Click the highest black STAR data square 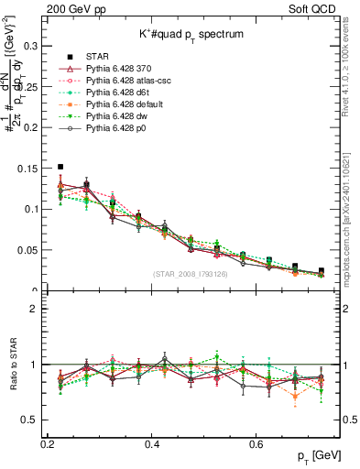pyautogui.click(x=60, y=167)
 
